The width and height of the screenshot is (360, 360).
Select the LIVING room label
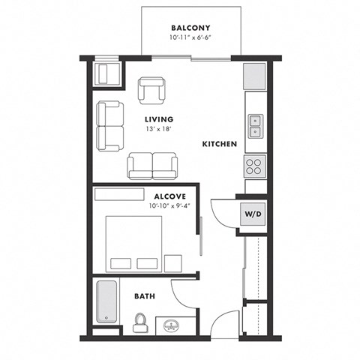tap(159, 119)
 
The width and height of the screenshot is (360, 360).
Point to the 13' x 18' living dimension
tap(159, 129)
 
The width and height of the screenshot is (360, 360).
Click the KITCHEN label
tap(219, 143)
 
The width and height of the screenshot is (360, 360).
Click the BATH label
tap(145, 296)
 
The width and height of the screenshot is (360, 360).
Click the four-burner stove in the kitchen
tap(255, 165)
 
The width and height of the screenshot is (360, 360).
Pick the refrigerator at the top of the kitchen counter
tap(254, 75)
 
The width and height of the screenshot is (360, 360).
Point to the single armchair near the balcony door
tap(151, 91)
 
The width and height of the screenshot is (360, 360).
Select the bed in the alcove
tap(133, 242)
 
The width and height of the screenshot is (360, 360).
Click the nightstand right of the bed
tap(174, 262)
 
